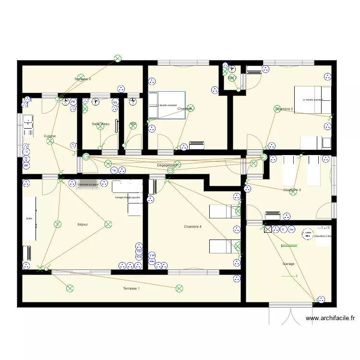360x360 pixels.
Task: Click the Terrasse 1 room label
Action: click(131, 288)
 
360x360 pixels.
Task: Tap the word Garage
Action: click(288, 264)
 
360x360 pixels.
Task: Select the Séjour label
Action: click(83, 224)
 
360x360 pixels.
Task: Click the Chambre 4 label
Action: click(192, 227)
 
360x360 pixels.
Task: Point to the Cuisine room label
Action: click(49, 136)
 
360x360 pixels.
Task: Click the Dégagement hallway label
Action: click(167, 165)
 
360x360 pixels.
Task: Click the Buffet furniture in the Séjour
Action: click(29, 218)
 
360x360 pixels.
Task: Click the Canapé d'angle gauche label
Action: click(127, 197)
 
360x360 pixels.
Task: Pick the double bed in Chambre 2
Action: click(312, 100)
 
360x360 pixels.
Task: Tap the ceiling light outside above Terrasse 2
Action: click(117, 59)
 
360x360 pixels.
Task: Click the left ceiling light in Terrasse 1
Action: click(70, 288)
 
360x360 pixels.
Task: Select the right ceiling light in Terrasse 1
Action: click(179, 288)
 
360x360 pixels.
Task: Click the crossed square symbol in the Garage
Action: click(267, 230)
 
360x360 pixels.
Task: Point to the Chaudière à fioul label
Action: click(322, 236)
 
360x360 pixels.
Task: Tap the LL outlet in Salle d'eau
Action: click(115, 102)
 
